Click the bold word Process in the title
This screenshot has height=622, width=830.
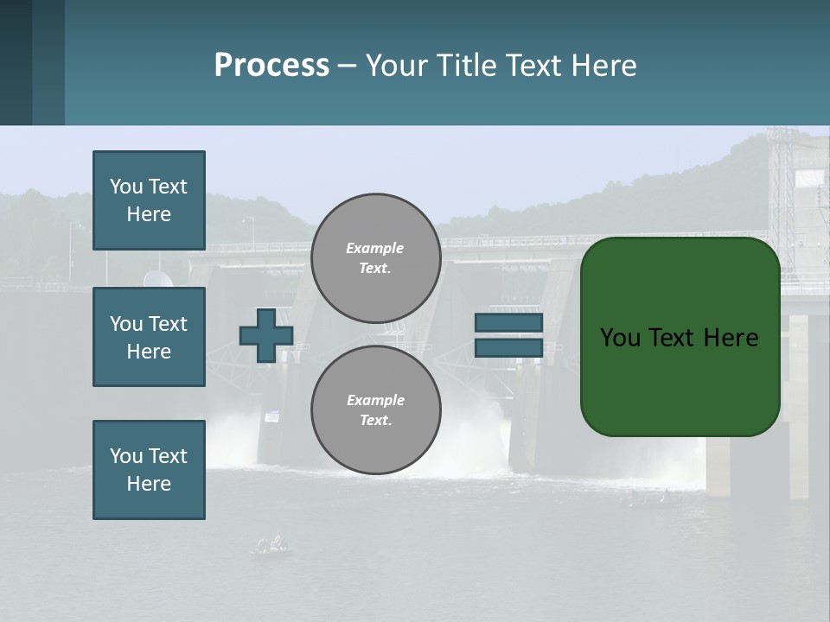click(271, 66)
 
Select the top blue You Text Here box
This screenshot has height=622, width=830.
click(149, 200)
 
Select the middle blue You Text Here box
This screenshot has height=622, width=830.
click(149, 337)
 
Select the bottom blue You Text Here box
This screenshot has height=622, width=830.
click(149, 470)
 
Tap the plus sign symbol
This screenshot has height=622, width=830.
click(266, 335)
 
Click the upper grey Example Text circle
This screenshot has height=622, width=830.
click(375, 258)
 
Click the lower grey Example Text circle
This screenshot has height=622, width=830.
click(375, 410)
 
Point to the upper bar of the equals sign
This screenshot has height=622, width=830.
click(509, 323)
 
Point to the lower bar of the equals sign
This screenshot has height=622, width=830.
click(509, 348)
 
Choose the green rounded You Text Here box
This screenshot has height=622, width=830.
click(680, 337)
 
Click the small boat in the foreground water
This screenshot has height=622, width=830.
click(271, 546)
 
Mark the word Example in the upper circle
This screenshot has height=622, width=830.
click(374, 248)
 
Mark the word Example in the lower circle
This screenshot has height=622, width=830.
click(375, 400)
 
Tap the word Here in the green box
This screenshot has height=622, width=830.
click(731, 338)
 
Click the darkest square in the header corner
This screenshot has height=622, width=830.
click(16, 62)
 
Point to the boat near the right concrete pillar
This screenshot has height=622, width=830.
click(644, 498)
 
